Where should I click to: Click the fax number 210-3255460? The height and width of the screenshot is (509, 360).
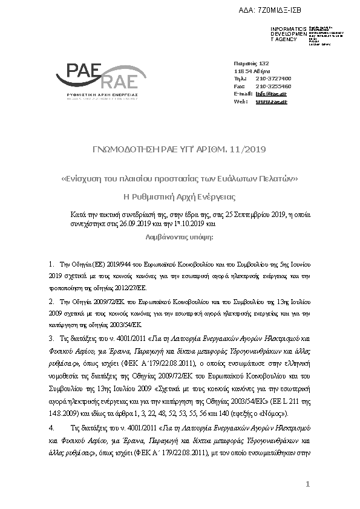click(x=273, y=86)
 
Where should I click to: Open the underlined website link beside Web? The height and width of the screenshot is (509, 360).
click(x=270, y=102)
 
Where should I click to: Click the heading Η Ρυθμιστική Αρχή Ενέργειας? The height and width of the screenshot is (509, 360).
click(x=179, y=196)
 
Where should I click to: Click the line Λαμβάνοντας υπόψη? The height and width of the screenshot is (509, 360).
click(x=179, y=238)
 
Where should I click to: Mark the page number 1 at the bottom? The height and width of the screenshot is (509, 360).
click(x=307, y=484)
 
